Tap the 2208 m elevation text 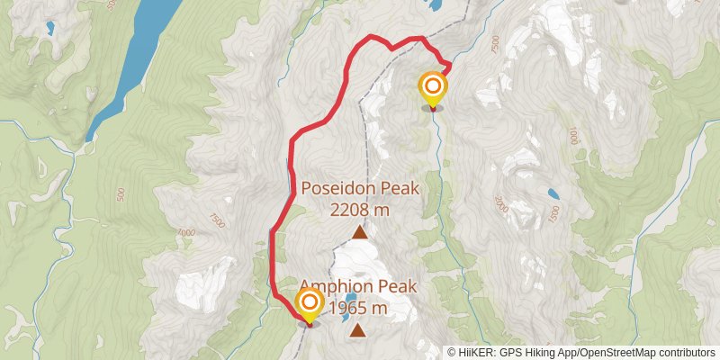pyautogui.click(x=359, y=210)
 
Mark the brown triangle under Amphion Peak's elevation pyautogui.click(x=358, y=331)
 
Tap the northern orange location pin pyautogui.click(x=433, y=88)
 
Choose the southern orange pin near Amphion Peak pyautogui.click(x=310, y=303)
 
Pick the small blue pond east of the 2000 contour pyautogui.click(x=553, y=193)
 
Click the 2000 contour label pyautogui.click(x=500, y=203)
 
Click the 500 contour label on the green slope pyautogui.click(x=120, y=193)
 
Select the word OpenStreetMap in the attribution pyautogui.click(x=616, y=353)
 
